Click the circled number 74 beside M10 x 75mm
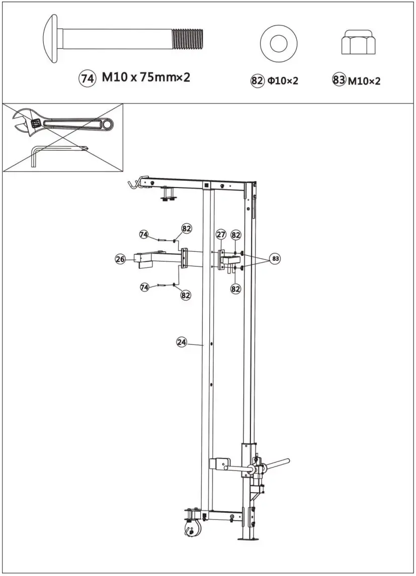[x=87, y=78]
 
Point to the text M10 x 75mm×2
[x=146, y=78]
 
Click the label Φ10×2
[x=283, y=81]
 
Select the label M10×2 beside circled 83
[x=364, y=80]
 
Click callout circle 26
[x=120, y=259]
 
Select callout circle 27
[x=221, y=234]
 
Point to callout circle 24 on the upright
[x=182, y=342]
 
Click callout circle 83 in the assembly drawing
[x=275, y=259]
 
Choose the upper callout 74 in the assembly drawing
[x=144, y=235]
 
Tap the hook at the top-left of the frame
[x=132, y=183]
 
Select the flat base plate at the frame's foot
[x=249, y=540]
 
